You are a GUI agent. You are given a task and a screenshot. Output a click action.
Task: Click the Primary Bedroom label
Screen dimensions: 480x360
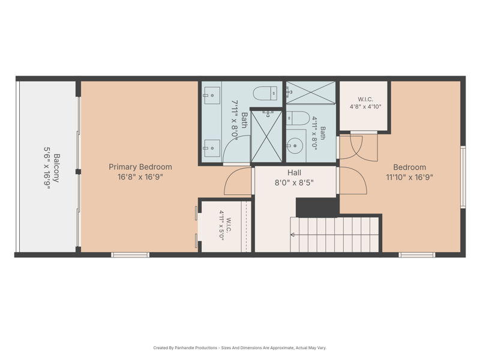point(140,167)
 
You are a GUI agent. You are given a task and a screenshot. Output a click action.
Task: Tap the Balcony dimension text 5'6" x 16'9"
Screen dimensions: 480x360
point(47,168)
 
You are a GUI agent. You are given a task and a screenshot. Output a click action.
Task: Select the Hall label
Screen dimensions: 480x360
point(294,173)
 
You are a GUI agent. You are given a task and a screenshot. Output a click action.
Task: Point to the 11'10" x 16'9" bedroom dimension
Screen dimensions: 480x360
point(409,177)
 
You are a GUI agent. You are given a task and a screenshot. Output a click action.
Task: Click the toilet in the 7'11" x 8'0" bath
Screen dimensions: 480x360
point(265,93)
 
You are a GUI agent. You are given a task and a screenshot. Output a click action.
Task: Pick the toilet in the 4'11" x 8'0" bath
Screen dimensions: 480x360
point(298,118)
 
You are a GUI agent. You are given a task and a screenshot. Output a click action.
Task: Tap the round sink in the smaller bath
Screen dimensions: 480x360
point(295,146)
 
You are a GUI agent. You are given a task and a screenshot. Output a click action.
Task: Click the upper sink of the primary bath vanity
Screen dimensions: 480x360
point(211,95)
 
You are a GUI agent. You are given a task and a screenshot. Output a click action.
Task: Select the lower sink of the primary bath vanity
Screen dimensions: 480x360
point(211,148)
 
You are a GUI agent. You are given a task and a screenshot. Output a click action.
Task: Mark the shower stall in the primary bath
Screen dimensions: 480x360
point(266,136)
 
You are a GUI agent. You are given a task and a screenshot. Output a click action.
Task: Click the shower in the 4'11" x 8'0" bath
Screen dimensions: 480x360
point(310,92)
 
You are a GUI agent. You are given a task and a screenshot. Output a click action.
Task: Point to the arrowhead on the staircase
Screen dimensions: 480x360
point(292,235)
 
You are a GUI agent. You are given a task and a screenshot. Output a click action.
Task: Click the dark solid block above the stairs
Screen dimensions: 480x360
point(317,207)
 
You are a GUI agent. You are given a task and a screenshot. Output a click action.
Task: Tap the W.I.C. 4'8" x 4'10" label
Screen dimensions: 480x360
point(365,103)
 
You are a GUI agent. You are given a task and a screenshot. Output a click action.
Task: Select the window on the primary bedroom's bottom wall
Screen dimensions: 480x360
point(130,254)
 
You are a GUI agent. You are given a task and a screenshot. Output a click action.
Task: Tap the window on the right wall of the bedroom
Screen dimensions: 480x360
point(463,177)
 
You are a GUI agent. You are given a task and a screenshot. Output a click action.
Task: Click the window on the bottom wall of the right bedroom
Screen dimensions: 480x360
point(416,254)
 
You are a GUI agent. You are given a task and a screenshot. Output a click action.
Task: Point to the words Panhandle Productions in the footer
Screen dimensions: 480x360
point(196,348)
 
